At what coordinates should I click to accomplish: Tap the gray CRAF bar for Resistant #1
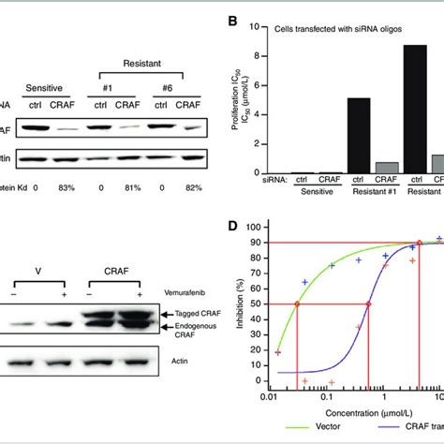(x=381, y=169)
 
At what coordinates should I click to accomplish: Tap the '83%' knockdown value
(x=66, y=188)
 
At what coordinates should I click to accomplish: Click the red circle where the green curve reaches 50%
(x=298, y=303)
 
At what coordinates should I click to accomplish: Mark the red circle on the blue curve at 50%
(x=368, y=303)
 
